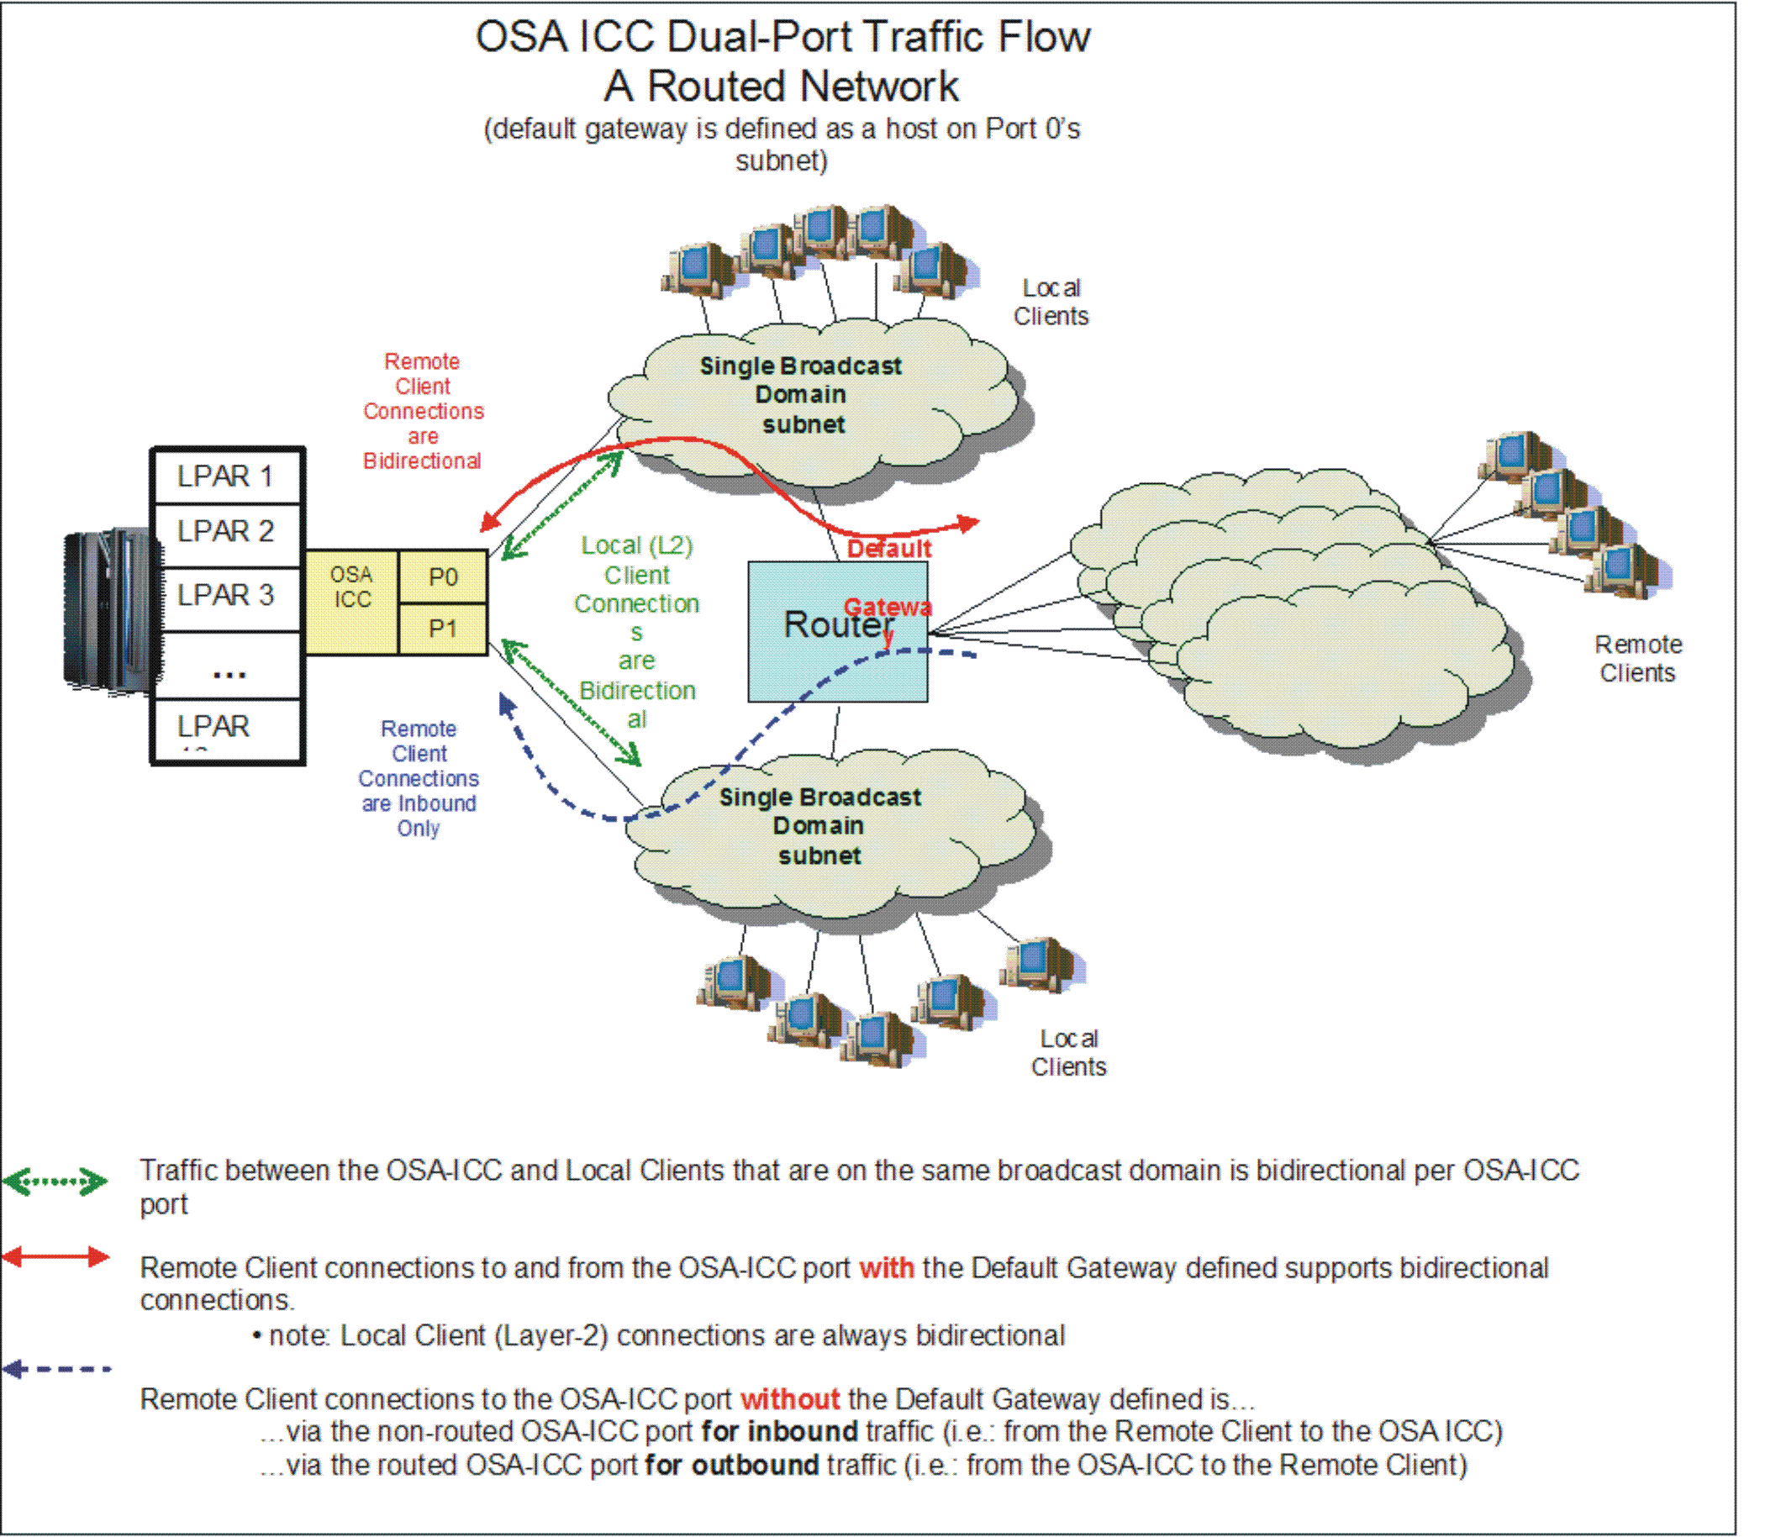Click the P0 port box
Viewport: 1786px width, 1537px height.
pyautogui.click(x=443, y=576)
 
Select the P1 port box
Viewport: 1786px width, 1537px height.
pyautogui.click(x=443, y=629)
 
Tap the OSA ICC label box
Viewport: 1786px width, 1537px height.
pyautogui.click(x=351, y=601)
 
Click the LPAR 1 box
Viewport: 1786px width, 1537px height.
pyautogui.click(x=226, y=476)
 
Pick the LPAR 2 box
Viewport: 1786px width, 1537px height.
pyautogui.click(x=226, y=531)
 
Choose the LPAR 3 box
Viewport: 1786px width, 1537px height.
pyautogui.click(x=226, y=595)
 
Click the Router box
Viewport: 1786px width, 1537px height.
pyautogui.click(x=837, y=632)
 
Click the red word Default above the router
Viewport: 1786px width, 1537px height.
pyautogui.click(x=888, y=549)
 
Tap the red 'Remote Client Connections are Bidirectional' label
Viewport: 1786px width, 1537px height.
pyautogui.click(x=423, y=411)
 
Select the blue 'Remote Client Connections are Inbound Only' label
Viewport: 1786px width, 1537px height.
pyautogui.click(x=419, y=778)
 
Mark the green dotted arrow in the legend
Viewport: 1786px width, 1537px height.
pyautogui.click(x=55, y=1181)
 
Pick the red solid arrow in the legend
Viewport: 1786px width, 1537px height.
pyautogui.click(x=55, y=1257)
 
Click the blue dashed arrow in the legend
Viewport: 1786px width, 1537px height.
pyautogui.click(x=57, y=1368)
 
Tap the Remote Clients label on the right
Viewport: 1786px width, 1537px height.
pyautogui.click(x=1638, y=659)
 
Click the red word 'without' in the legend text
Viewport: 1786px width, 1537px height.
pyautogui.click(x=789, y=1398)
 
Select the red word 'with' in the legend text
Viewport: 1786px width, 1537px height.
pyautogui.click(x=886, y=1268)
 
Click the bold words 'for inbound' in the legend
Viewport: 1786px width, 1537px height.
pyautogui.click(x=779, y=1431)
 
